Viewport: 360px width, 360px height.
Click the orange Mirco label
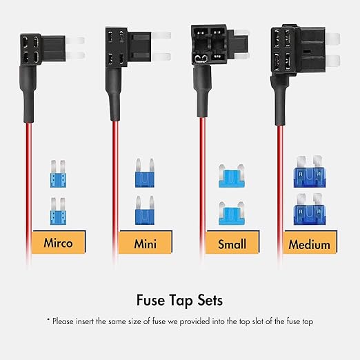point(59,242)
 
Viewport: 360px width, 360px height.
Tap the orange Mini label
point(146,242)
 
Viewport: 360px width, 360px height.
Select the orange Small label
point(232,242)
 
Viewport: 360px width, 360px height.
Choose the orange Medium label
point(310,242)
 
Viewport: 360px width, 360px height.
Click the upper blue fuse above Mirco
point(58,174)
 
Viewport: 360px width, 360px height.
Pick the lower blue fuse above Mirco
point(58,211)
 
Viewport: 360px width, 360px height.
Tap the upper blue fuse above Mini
point(145,172)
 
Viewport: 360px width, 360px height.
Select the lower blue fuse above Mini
point(145,210)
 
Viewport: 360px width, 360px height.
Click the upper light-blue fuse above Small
point(232,176)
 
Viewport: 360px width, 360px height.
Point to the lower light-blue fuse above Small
point(232,213)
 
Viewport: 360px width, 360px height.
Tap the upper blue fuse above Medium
point(310,171)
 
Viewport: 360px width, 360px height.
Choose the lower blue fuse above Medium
point(310,209)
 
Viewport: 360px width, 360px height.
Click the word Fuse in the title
point(150,300)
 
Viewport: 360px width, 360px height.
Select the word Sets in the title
point(210,300)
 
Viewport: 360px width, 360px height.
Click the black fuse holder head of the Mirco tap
point(43,50)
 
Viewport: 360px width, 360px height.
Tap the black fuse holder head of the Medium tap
point(298,49)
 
